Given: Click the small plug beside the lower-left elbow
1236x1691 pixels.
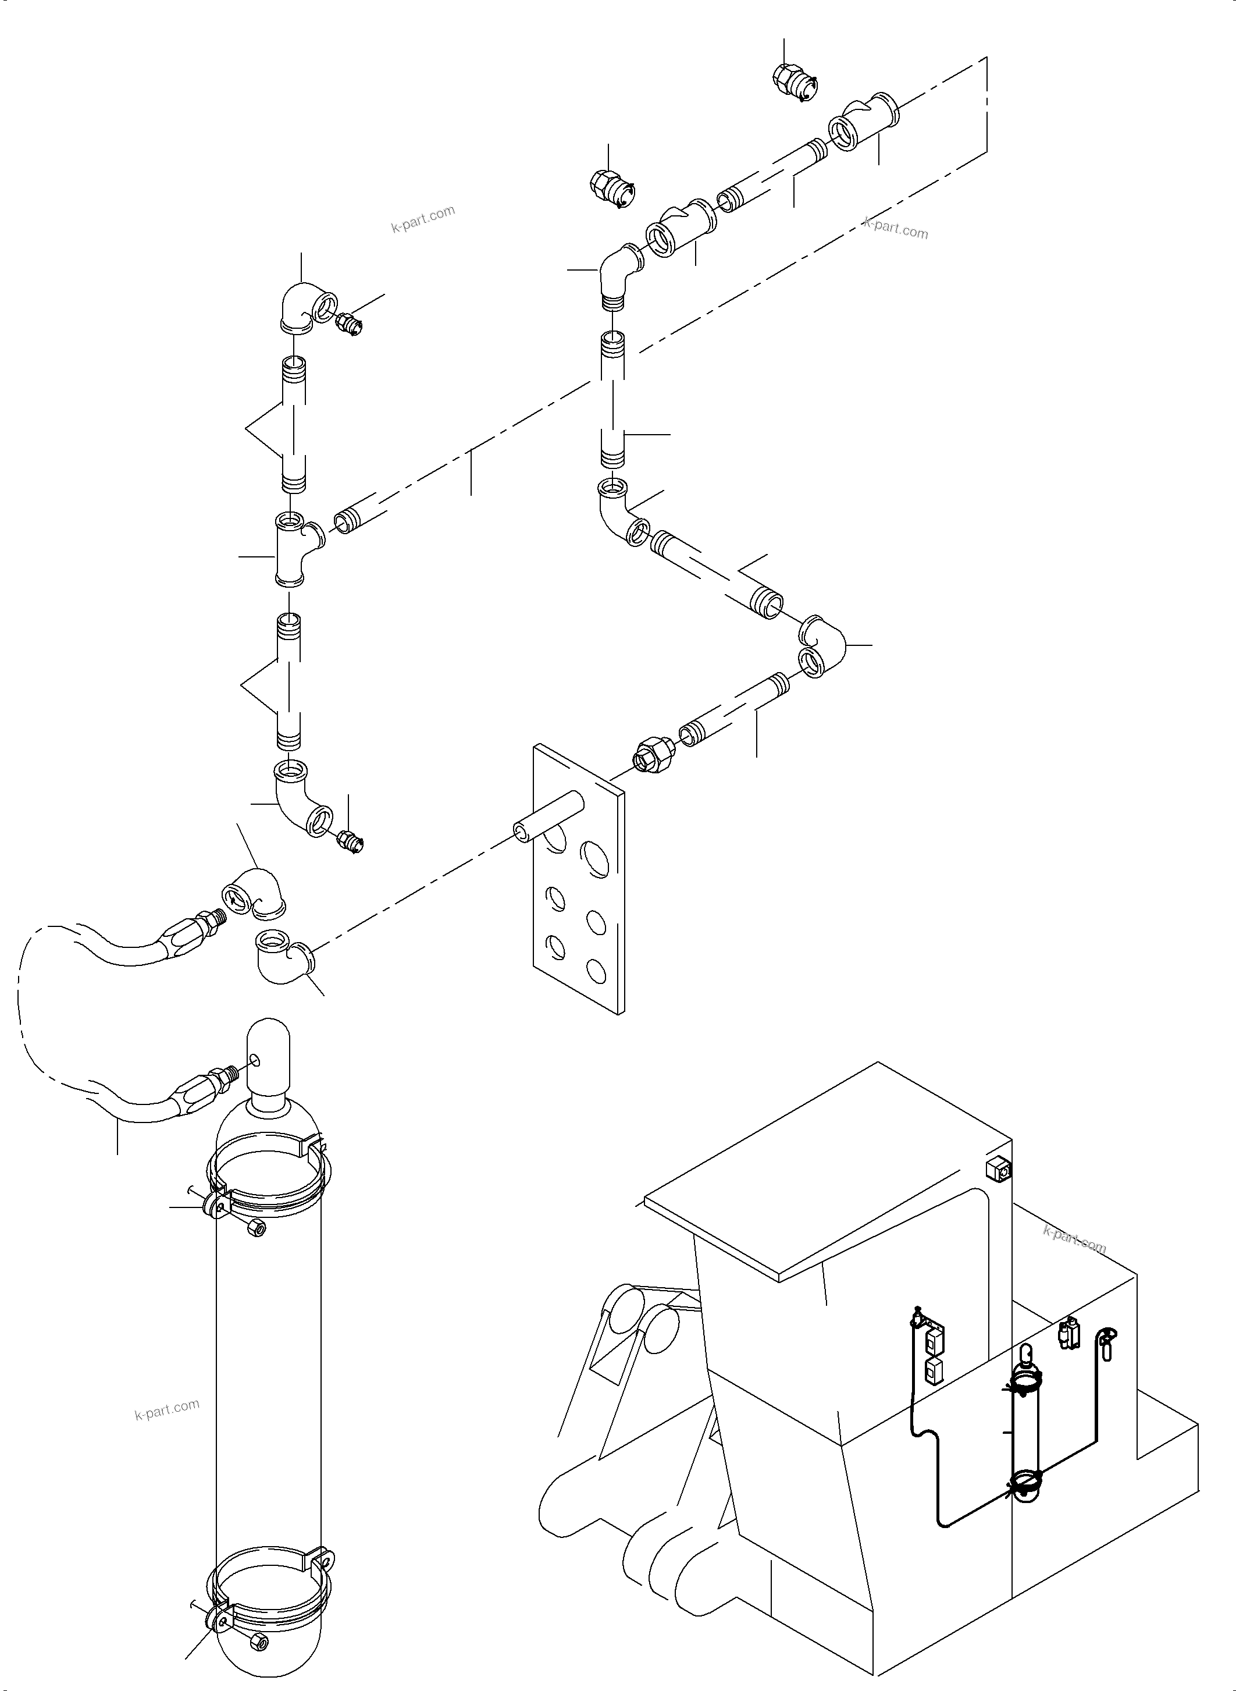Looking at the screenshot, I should (351, 840).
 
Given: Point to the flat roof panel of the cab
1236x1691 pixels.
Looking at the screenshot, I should (823, 1168).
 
